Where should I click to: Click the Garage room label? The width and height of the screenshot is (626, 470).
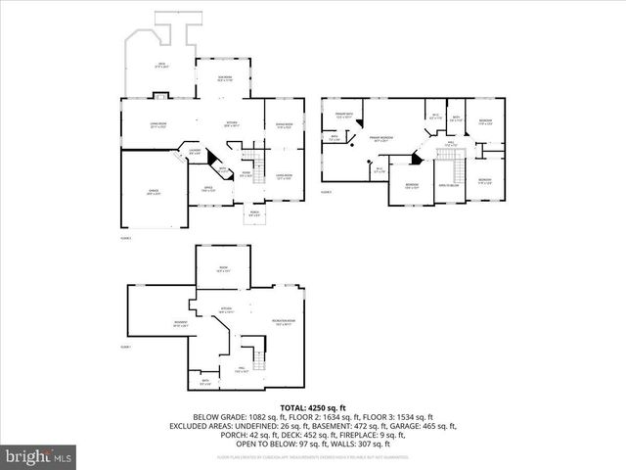(x=155, y=192)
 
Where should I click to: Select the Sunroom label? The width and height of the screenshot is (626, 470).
(x=225, y=80)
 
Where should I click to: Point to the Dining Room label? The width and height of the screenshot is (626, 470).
(x=285, y=125)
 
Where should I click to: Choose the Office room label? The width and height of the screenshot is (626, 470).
(x=208, y=189)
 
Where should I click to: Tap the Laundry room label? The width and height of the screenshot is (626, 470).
(x=195, y=152)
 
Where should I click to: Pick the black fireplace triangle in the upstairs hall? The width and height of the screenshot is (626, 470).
(x=418, y=158)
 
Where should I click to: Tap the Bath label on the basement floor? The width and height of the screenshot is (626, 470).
(x=205, y=383)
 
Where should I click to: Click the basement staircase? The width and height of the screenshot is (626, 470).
(x=256, y=348)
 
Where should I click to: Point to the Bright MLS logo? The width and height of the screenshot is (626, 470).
(x=39, y=455)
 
